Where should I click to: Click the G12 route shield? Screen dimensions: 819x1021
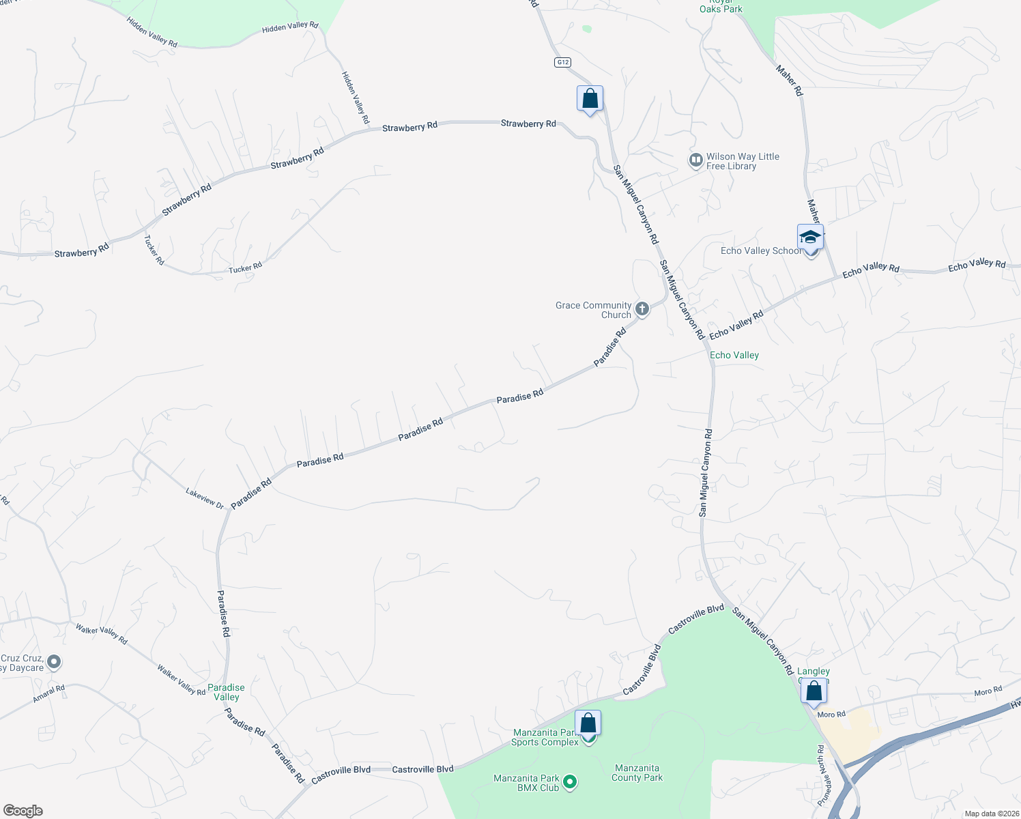[x=562, y=62]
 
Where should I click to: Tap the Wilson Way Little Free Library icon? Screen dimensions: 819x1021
[x=695, y=160]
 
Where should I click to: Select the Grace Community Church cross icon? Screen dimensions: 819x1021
[x=642, y=309]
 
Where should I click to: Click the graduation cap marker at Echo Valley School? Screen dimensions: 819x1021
[x=810, y=238]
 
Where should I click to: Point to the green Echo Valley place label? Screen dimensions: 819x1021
[x=734, y=355]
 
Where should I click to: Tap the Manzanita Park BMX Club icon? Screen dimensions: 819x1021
[x=571, y=782]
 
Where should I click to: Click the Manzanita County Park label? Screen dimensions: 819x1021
[x=637, y=773]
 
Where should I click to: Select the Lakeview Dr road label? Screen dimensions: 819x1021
[x=205, y=498]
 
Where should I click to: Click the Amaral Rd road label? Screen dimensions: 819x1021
[x=49, y=693]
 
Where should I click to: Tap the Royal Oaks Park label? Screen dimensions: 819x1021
[x=721, y=6]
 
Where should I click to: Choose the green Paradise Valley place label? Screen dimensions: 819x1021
[x=226, y=692]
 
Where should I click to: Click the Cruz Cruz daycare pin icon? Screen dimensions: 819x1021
[x=54, y=662]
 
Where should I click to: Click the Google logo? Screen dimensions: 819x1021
[x=23, y=811]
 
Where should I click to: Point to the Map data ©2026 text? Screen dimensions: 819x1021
[x=990, y=814]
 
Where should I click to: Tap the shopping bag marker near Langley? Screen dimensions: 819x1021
[x=814, y=691]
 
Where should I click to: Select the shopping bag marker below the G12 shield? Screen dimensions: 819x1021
[x=590, y=98]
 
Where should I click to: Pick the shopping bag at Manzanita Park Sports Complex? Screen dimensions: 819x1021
[x=588, y=723]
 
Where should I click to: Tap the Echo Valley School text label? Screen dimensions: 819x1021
[x=761, y=250]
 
